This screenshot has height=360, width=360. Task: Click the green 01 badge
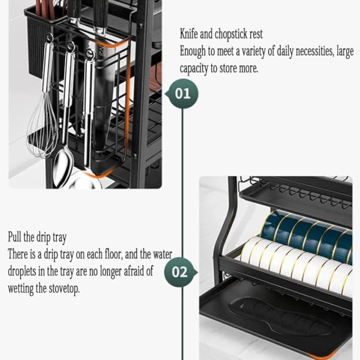182,94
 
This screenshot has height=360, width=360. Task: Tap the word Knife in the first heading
189,34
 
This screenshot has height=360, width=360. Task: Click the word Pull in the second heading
15,237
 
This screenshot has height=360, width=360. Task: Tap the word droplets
22,271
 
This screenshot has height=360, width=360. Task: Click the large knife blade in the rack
103,99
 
